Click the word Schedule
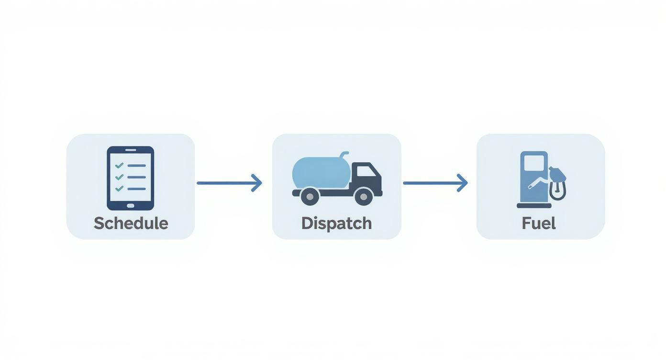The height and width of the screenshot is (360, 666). coord(131,223)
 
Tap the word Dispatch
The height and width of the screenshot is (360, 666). coord(336,223)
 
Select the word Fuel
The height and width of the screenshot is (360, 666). coord(539,223)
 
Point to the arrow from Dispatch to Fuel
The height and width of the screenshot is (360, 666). coord(434,183)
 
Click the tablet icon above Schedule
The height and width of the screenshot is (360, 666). coord(131,178)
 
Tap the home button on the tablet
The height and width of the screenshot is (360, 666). coord(131,205)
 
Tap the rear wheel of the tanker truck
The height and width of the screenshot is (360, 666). coord(310,195)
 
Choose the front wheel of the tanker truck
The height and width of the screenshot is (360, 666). coord(364,195)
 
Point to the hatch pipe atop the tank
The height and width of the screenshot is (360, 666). coord(343,155)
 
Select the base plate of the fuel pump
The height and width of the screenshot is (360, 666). coord(534,206)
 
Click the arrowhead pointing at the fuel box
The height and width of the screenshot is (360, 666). coord(463,183)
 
